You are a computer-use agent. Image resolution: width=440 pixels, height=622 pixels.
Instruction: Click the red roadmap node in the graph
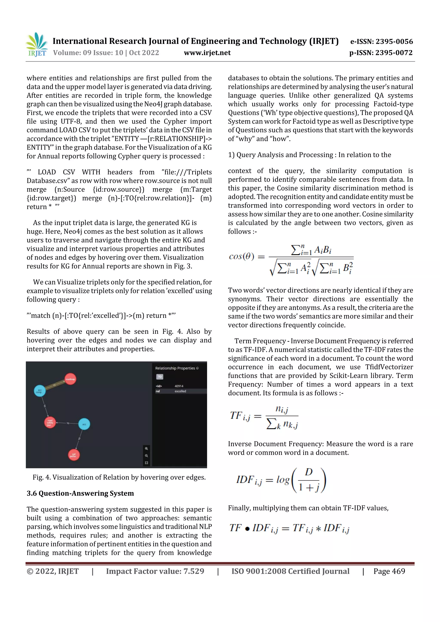tap(70, 379)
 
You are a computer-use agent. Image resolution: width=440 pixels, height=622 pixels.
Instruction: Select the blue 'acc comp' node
tap(40, 391)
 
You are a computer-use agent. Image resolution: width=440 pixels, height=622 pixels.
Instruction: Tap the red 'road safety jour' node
tap(50, 422)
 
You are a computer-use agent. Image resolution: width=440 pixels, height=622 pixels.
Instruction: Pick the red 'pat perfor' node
tap(73, 455)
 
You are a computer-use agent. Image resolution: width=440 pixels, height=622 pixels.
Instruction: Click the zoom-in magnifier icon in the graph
tap(146, 449)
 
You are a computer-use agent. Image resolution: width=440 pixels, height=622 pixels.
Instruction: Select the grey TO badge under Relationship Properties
tap(160, 377)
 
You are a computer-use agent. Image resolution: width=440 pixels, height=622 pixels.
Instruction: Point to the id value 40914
tap(179, 386)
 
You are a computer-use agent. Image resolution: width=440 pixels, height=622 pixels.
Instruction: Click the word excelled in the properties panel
tap(180, 391)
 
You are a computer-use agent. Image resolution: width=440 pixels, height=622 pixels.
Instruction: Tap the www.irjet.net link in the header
tap(207, 53)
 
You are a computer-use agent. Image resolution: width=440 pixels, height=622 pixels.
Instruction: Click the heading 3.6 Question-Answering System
tap(80, 493)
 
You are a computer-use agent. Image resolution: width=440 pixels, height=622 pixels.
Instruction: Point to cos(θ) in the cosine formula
tap(241, 256)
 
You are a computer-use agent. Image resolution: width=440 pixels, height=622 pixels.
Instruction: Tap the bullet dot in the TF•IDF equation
tap(247, 529)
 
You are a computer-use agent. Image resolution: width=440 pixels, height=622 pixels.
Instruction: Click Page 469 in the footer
tap(389, 571)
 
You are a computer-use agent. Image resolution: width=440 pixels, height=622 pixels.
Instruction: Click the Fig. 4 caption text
tap(119, 477)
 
